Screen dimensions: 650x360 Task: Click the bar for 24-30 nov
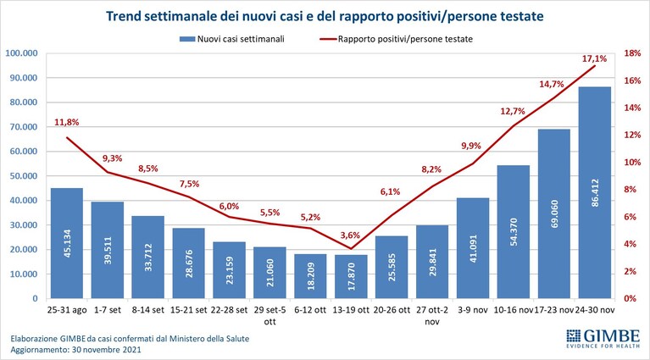coord(595,192)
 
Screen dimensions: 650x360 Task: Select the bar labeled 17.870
coord(351,277)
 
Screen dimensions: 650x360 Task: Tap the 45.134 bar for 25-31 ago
coord(67,243)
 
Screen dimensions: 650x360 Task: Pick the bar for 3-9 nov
coord(473,248)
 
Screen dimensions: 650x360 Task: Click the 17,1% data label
coord(594,58)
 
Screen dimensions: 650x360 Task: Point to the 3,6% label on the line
coord(350,235)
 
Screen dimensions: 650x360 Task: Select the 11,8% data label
coord(67,122)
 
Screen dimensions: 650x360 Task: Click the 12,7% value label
coord(513,111)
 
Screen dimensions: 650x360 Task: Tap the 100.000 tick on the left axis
coord(20,53)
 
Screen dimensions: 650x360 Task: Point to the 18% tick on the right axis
coord(632,53)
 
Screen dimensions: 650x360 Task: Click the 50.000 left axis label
coord(23,175)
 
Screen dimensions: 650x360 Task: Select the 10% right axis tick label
coord(632,162)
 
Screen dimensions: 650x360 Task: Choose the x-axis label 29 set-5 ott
coord(269,316)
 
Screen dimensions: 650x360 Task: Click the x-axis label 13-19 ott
coord(351,310)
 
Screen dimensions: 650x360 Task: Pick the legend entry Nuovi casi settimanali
coord(232,39)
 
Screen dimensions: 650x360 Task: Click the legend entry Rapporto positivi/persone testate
coord(396,39)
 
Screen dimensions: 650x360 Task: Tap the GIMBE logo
coord(603,338)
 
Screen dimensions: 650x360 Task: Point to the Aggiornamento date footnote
coord(76,350)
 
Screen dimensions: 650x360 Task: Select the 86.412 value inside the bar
coord(595,192)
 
